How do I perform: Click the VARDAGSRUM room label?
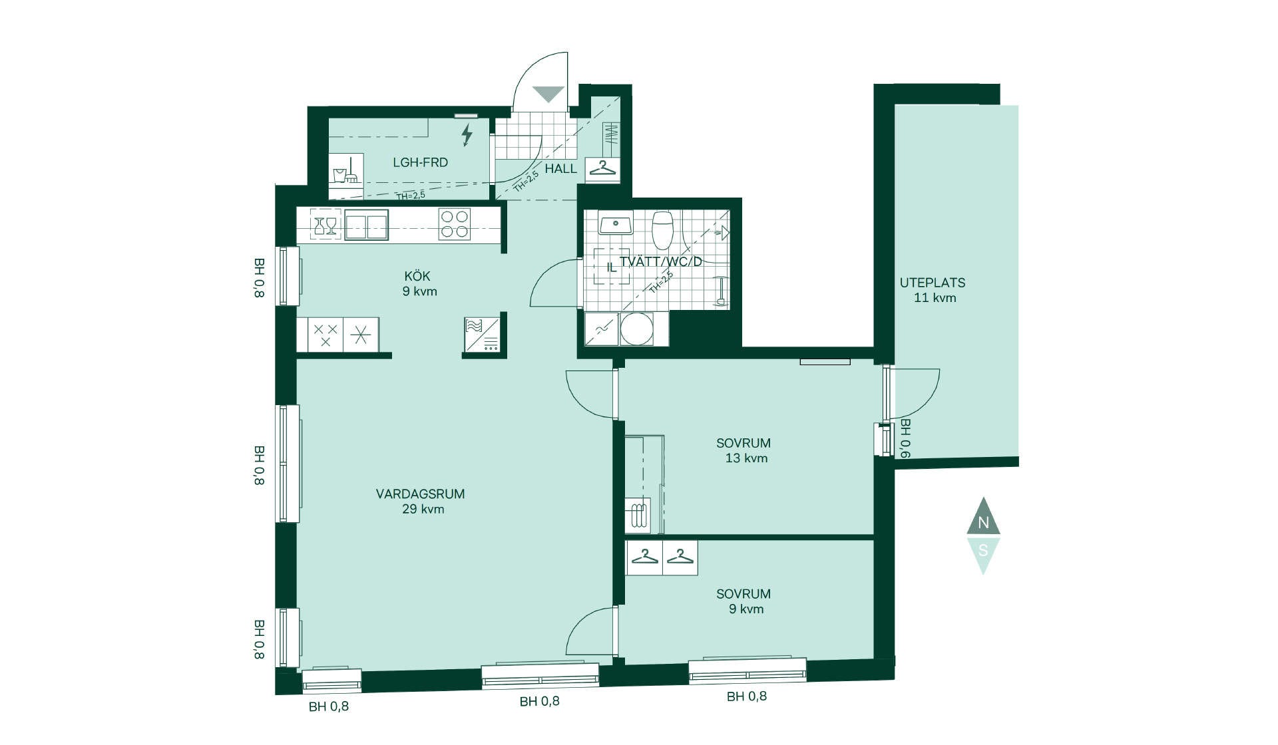[x=420, y=494]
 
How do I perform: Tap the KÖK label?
[x=417, y=275]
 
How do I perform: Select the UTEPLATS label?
[x=933, y=283]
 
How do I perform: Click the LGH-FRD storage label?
[x=420, y=162]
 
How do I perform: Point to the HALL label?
[x=560, y=169]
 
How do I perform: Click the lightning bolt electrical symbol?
[x=467, y=134]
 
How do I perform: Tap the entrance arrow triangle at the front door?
[x=548, y=94]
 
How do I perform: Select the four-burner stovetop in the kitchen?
[x=455, y=224]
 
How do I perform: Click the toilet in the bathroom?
[x=662, y=230]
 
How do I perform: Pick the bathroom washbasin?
[x=616, y=224]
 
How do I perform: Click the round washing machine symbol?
[x=637, y=329]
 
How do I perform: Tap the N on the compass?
[x=983, y=523]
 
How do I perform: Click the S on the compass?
[x=983, y=551]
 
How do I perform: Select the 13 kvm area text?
[x=746, y=458]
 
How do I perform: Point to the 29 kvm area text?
[x=423, y=510]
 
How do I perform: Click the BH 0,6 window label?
[x=905, y=438]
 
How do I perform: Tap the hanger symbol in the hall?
[x=602, y=169]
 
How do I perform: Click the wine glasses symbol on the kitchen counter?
[x=325, y=225]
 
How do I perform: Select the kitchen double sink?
[x=366, y=224]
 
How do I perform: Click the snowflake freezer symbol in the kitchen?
[x=361, y=335]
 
